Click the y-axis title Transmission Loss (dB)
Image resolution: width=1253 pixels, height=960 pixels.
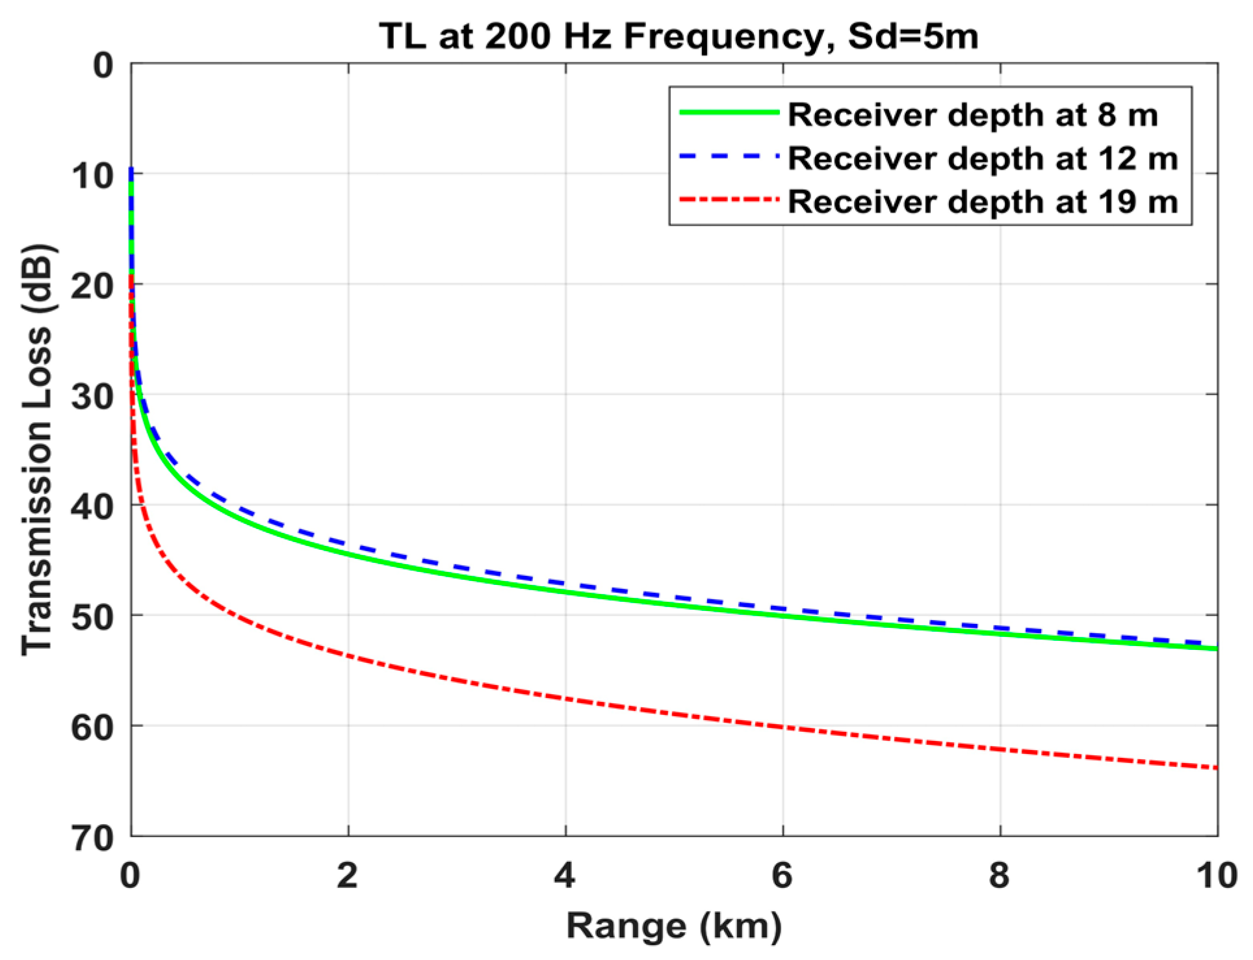click(37, 450)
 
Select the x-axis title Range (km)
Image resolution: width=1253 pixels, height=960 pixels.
click(674, 926)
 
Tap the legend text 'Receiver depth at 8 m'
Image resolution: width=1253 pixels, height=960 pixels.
click(972, 115)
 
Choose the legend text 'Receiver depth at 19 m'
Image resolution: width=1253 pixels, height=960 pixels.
click(983, 201)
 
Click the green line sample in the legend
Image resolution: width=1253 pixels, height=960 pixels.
click(729, 112)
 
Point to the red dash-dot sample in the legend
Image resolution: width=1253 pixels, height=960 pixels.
click(729, 200)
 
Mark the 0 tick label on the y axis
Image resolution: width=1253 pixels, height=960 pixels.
click(103, 67)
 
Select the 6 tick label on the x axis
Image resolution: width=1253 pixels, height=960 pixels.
click(782, 876)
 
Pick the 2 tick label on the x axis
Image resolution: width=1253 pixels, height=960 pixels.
click(348, 876)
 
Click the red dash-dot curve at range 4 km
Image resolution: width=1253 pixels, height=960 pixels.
click(565, 699)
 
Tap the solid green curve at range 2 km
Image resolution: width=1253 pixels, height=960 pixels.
click(348, 554)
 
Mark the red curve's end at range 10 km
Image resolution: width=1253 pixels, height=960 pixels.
click(1215, 768)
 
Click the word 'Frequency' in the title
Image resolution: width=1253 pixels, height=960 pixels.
click(721, 38)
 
